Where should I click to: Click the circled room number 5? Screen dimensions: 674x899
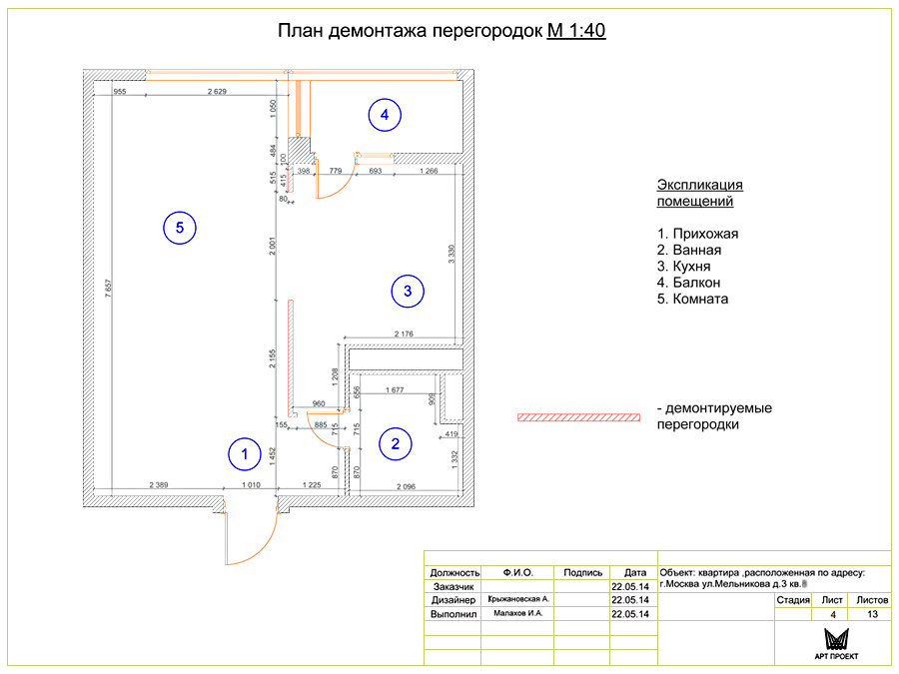pos(180,229)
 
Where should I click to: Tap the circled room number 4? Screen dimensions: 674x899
pos(384,116)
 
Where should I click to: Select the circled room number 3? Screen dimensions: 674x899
pos(407,292)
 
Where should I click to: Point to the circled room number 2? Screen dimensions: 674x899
pos(396,443)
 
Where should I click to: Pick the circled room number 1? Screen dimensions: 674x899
pos(241,455)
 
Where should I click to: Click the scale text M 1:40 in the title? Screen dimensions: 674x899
pos(576,31)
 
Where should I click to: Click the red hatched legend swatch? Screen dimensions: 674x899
pos(578,416)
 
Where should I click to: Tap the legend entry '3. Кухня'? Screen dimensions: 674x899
pos(684,267)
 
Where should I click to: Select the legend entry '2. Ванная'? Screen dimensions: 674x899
pos(689,251)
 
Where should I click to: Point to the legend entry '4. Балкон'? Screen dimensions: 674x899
pos(690,283)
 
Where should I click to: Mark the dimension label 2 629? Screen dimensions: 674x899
pos(218,92)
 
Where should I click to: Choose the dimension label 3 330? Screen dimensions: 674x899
pos(451,253)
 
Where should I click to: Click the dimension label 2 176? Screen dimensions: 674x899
pos(404,334)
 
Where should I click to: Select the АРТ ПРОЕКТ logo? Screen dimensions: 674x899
pos(836,644)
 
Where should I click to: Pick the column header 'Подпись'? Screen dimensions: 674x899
pos(582,573)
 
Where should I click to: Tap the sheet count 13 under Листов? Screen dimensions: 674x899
pos(872,614)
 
